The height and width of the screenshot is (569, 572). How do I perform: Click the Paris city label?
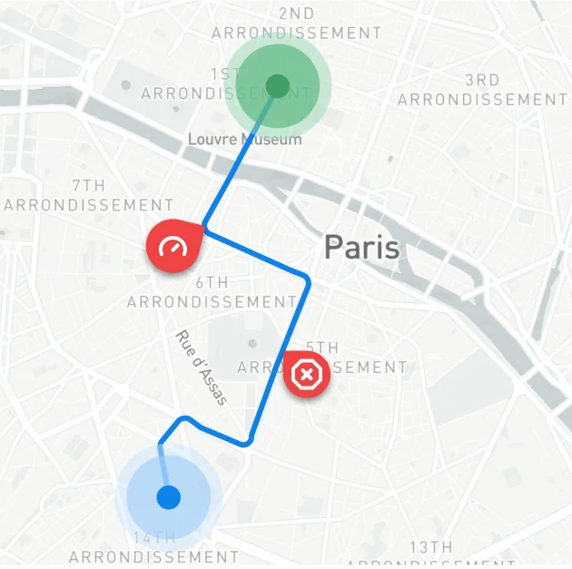click(x=361, y=247)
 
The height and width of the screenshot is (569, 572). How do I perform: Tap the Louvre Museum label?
click(x=244, y=139)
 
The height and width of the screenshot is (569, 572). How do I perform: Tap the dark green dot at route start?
click(x=277, y=86)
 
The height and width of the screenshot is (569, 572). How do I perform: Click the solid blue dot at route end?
click(x=168, y=497)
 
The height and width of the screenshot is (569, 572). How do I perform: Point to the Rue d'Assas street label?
click(x=201, y=367)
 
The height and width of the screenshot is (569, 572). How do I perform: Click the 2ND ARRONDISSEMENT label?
click(x=297, y=24)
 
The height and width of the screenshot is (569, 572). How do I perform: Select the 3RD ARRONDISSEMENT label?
click(x=482, y=90)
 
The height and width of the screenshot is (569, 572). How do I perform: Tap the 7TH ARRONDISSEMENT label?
click(x=89, y=195)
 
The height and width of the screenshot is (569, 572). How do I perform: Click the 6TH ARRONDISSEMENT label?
click(x=212, y=291)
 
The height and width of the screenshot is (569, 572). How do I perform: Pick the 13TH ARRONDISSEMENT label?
click(x=430, y=555)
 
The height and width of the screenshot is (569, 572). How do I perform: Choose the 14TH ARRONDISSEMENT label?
click(x=153, y=548)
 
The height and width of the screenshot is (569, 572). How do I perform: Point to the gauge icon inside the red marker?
click(x=171, y=245)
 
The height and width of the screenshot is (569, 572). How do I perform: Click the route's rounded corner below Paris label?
click(x=306, y=280)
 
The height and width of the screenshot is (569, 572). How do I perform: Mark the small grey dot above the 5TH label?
click(x=251, y=343)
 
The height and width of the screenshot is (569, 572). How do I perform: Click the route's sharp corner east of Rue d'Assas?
click(x=249, y=443)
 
